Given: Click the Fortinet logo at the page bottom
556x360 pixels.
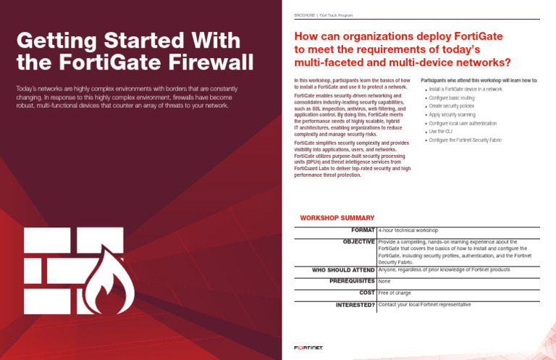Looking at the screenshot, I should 308,348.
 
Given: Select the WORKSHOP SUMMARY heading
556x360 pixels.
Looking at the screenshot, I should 337,218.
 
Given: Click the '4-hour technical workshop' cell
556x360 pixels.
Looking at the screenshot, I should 408,230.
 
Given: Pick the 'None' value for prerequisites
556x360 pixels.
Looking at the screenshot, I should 384,280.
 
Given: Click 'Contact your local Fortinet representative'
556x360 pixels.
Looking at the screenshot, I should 424,305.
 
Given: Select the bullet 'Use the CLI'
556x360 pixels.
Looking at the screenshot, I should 441,132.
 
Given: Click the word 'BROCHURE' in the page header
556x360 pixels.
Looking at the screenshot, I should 303,15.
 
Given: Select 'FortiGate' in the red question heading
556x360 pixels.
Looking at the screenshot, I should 473,35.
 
